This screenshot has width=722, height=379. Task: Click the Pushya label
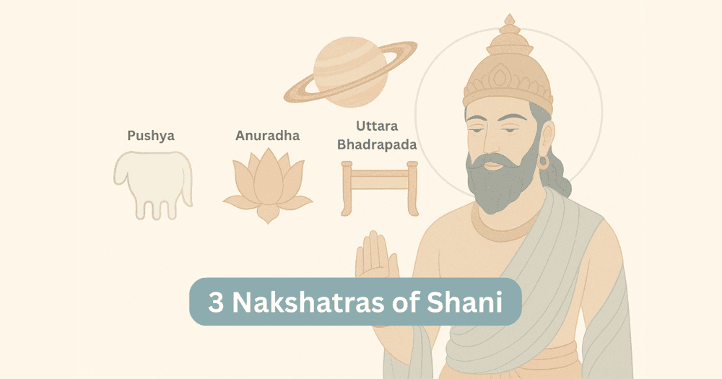151,135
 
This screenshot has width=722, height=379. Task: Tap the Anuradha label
267,135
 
